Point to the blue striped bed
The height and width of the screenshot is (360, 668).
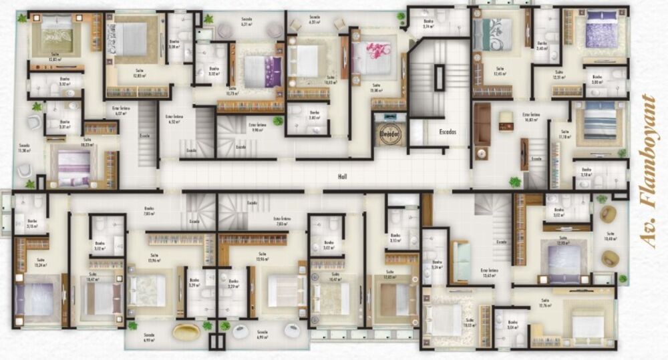pos(599,123)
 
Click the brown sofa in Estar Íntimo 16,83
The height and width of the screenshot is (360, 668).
pos(482,131)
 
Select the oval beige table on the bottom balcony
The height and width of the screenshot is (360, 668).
pos(186,331)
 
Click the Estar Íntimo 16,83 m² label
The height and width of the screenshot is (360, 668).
pos(532,116)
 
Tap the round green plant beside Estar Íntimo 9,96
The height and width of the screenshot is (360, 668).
pos(278,121)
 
